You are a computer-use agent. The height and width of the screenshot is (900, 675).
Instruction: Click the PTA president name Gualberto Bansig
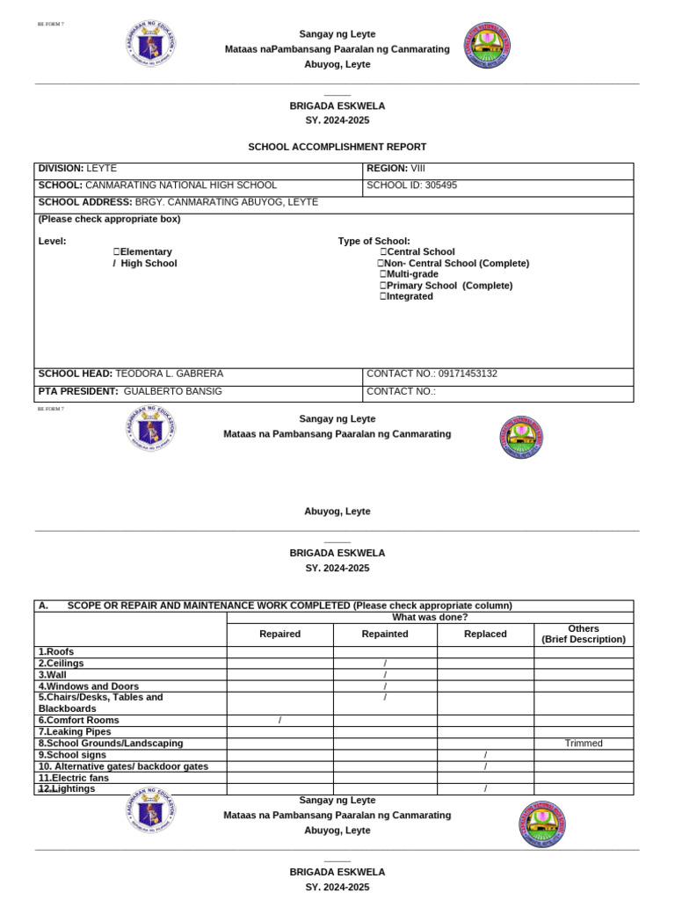click(173, 391)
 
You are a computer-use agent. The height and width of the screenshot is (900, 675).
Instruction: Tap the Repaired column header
click(279, 634)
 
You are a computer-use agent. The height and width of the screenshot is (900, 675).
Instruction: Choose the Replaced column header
click(485, 634)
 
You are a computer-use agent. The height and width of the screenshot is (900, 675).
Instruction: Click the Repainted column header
click(385, 634)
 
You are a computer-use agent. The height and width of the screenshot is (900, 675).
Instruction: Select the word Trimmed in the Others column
click(584, 744)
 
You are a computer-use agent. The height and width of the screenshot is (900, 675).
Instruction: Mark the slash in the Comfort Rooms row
click(279, 721)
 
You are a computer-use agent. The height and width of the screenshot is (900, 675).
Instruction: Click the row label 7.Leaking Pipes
click(75, 731)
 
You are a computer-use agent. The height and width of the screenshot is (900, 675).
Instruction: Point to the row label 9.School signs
click(72, 755)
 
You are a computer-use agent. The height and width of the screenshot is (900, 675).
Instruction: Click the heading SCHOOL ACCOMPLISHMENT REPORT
click(337, 148)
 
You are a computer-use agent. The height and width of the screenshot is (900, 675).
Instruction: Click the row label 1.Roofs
click(56, 652)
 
